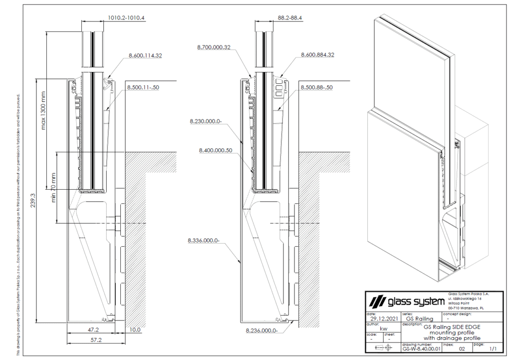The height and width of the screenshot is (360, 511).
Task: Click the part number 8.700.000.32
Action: tap(213, 47)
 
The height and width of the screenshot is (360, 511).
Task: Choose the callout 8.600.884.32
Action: tap(317, 55)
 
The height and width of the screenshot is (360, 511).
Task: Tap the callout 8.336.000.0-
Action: tap(204, 241)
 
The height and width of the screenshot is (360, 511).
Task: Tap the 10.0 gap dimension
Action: tap(135, 330)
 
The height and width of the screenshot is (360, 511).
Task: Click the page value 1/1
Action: tap(493, 349)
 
